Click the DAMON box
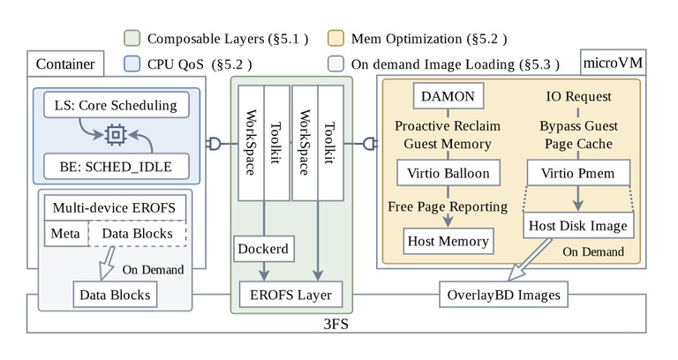tap(448, 95)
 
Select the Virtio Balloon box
tap(448, 173)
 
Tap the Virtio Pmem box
tap(578, 173)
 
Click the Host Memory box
tap(448, 241)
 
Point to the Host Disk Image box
tap(578, 225)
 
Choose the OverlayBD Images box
tap(503, 295)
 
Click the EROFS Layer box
tap(290, 295)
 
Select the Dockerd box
tap(264, 249)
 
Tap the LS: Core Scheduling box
tap(117, 105)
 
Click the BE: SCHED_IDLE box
tap(117, 167)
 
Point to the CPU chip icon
tap(116, 135)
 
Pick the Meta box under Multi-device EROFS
tap(65, 233)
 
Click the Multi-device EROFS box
tap(115, 207)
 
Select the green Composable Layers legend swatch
tap(132, 38)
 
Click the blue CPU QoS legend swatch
tap(132, 64)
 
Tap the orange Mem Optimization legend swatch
tap(336, 38)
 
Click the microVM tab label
tap(613, 63)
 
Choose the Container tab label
tap(65, 64)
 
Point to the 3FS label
tap(336, 324)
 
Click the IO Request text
tap(578, 96)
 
